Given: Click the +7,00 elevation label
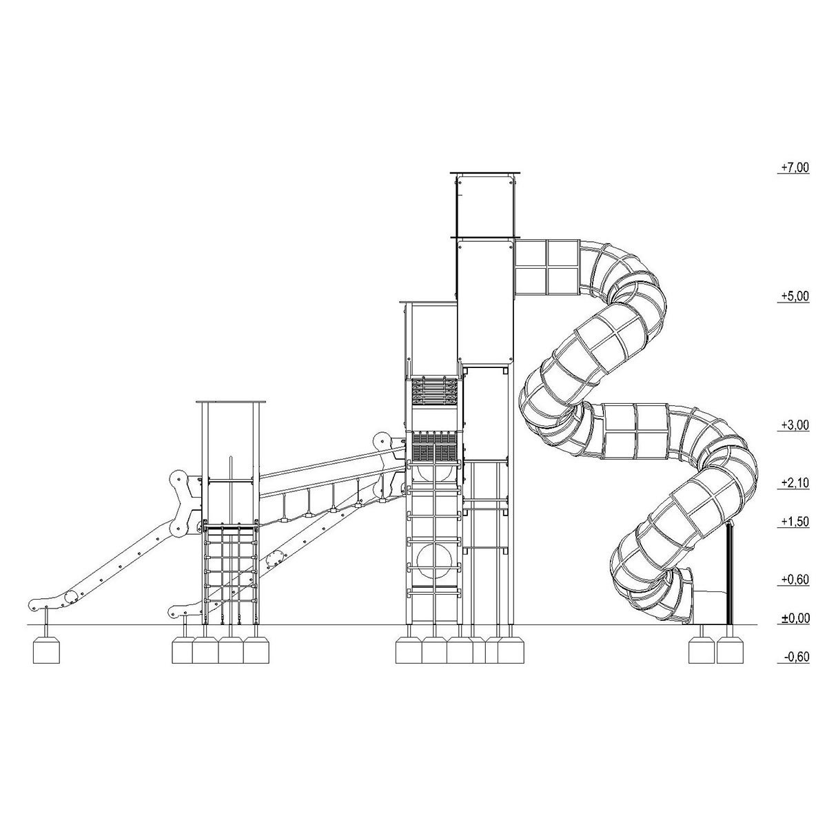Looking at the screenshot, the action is pyautogui.click(x=795, y=167).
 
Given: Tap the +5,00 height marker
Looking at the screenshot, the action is pyautogui.click(x=795, y=296).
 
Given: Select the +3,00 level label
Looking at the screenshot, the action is pyautogui.click(x=795, y=425).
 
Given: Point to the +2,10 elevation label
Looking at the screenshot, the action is pyautogui.click(x=795, y=483).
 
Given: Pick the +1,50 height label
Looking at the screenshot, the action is pyautogui.click(x=795, y=522).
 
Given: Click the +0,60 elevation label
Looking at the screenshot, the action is pyautogui.click(x=795, y=580).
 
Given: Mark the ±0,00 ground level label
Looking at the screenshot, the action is pyautogui.click(x=795, y=618).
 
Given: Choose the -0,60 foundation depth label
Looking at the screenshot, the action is pyautogui.click(x=795, y=657).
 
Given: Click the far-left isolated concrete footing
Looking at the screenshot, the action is pyautogui.click(x=46, y=650).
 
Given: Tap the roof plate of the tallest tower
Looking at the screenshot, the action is pyautogui.click(x=485, y=173).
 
